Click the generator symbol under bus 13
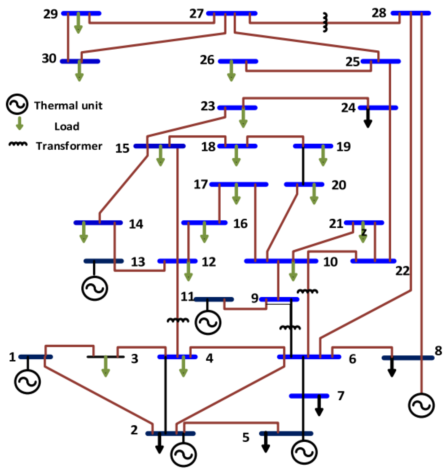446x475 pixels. [x=95, y=288]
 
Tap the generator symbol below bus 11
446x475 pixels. [x=208, y=322]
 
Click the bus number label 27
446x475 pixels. [x=196, y=14]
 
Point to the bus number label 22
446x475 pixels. [x=402, y=271]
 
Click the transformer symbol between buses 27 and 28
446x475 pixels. [x=325, y=23]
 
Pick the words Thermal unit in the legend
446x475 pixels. [x=68, y=105]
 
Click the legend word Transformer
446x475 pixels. [x=69, y=146]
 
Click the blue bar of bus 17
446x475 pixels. [x=239, y=184]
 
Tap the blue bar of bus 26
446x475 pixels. [x=238, y=61]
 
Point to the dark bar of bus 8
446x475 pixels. [x=408, y=358]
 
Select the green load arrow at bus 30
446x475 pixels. [x=79, y=71]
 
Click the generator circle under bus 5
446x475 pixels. [x=304, y=452]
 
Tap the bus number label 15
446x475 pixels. [x=122, y=148]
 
